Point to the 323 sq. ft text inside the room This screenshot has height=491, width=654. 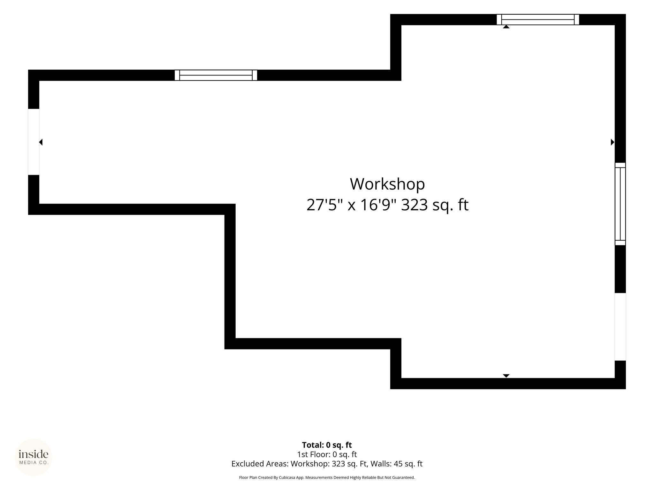pyautogui.click(x=435, y=205)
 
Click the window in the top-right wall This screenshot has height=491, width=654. pyautogui.click(x=538, y=19)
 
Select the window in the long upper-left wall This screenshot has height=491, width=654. pyautogui.click(x=216, y=75)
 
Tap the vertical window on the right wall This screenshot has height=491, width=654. pyautogui.click(x=620, y=204)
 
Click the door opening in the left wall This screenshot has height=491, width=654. pyautogui.click(x=34, y=142)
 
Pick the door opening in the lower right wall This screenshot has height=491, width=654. pyautogui.click(x=620, y=327)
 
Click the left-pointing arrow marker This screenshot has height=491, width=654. pyautogui.click(x=41, y=142)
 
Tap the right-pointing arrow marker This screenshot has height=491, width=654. pyautogui.click(x=612, y=142)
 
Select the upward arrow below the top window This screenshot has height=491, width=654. pyautogui.click(x=506, y=27)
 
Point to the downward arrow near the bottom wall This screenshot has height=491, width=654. pyautogui.click(x=506, y=376)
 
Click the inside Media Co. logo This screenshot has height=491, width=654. pyautogui.click(x=34, y=457)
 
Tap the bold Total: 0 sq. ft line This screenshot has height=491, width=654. pyautogui.click(x=327, y=445)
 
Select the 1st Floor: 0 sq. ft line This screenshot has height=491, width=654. pyautogui.click(x=327, y=454)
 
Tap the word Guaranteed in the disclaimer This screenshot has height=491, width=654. pyautogui.click(x=405, y=478)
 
